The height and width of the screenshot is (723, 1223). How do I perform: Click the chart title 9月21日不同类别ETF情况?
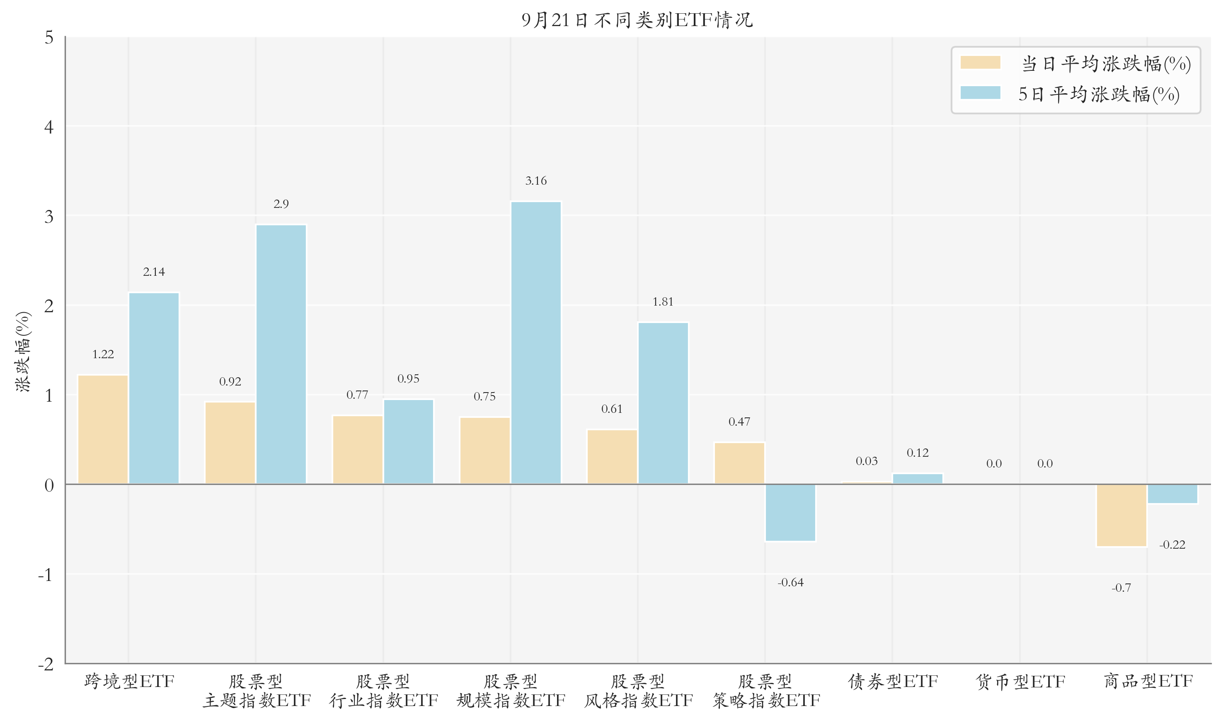pos(637,20)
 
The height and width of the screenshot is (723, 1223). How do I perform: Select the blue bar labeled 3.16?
pos(536,342)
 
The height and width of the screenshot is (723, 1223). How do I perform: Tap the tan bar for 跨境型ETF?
pos(103,429)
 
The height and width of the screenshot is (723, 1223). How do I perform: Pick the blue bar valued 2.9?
pos(281,354)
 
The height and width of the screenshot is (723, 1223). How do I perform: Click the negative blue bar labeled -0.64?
pos(790,513)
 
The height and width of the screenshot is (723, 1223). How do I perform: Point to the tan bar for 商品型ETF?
pos(1121,516)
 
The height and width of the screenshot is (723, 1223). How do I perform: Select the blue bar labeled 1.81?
pos(663,403)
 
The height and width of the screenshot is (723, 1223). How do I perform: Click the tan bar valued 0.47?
pos(739,463)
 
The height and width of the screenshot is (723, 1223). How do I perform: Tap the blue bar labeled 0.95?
pos(409,441)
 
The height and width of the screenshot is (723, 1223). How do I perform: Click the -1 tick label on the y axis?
pos(45,575)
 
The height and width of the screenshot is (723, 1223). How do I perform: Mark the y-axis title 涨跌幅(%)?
pos(23,351)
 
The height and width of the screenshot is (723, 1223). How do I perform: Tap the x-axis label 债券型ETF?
pos(893,681)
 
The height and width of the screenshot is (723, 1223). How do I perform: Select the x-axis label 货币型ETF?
pos(1020,681)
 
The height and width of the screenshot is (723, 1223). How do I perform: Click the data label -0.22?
pos(1172,545)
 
